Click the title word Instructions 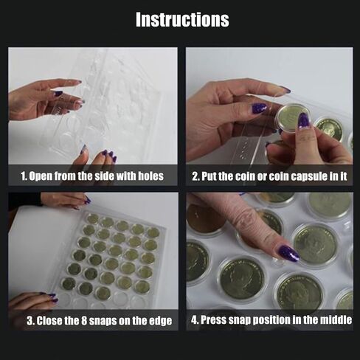tap(182, 19)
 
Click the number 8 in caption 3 tap(83, 321)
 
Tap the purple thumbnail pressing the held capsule tap(304, 121)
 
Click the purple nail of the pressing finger tap(288, 253)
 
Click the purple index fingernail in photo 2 tap(259, 108)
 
